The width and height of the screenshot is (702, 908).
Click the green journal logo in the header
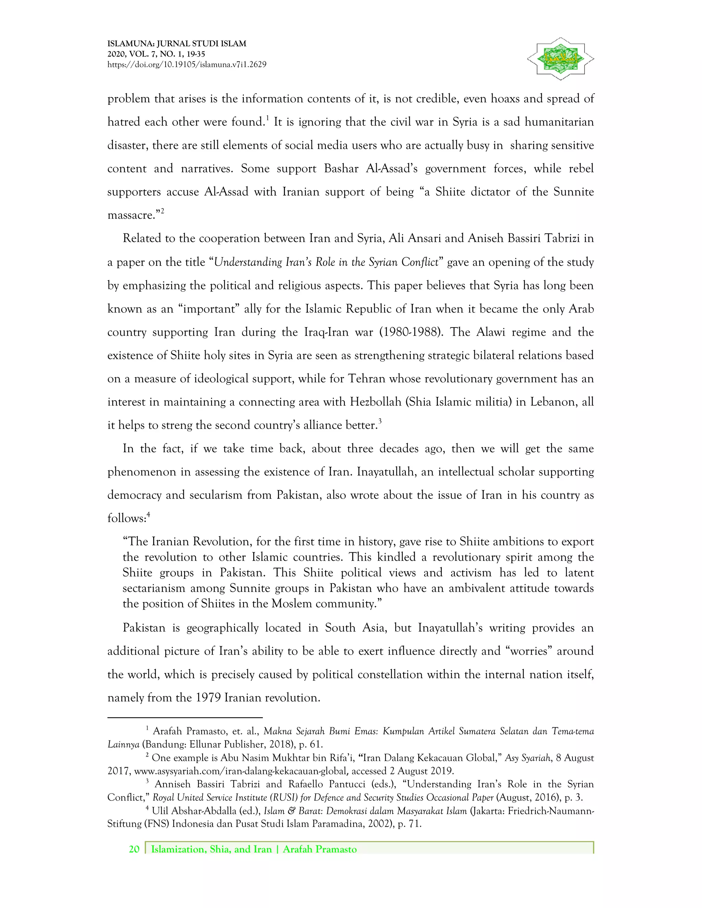[x=560, y=59]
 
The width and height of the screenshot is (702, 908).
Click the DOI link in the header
[x=187, y=64]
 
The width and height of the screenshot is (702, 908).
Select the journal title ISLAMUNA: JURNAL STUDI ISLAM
[x=177, y=43]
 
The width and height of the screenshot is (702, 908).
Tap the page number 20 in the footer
[x=134, y=849]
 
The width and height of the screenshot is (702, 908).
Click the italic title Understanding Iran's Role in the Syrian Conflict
[x=326, y=262]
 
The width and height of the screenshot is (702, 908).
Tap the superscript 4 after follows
[x=148, y=515]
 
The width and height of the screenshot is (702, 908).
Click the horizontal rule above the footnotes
[x=185, y=717]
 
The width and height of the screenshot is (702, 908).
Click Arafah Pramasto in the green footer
[x=319, y=849]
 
